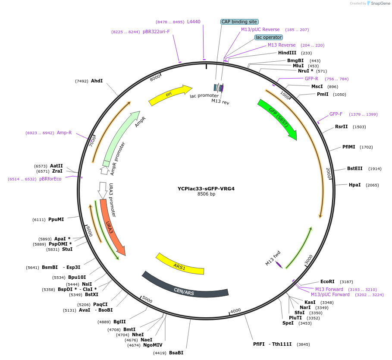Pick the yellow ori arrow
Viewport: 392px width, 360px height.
coord(169,95)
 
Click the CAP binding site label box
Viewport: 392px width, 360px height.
coord(239,22)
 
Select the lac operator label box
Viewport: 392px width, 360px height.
coord(269,38)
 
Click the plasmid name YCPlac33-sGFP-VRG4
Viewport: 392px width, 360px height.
coord(206,189)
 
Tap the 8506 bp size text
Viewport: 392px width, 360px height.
coord(206,194)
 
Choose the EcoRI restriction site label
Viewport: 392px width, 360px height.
coord(328,281)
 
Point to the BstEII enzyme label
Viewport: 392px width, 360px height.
coord(355,169)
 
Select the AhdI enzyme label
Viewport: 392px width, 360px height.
coord(97,81)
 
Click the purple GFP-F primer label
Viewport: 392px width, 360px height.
coord(336,114)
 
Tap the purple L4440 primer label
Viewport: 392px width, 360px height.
coord(194,22)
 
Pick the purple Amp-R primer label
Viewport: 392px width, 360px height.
coord(64,133)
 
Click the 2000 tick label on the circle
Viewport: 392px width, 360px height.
coord(328,173)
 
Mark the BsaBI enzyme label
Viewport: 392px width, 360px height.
coord(176,353)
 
